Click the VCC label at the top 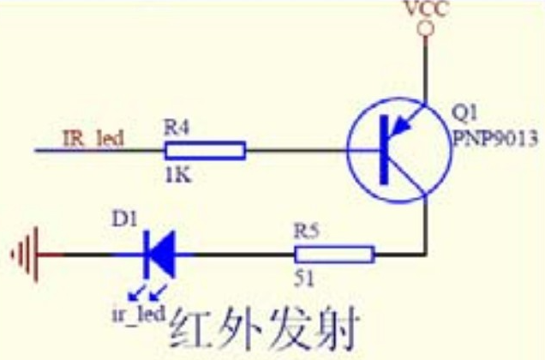coord(426,9)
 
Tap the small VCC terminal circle coord(425,29)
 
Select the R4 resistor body coord(206,151)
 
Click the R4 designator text coord(177,127)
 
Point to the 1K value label coord(178,176)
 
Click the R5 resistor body coord(335,255)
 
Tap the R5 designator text coord(306,231)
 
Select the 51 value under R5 coord(304,279)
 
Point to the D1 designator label coord(125,219)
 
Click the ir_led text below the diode coord(139,314)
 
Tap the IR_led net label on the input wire coord(93,139)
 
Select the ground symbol coord(26,255)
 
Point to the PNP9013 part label coord(495,139)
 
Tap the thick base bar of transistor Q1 coord(384,150)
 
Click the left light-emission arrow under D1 coord(135,293)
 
